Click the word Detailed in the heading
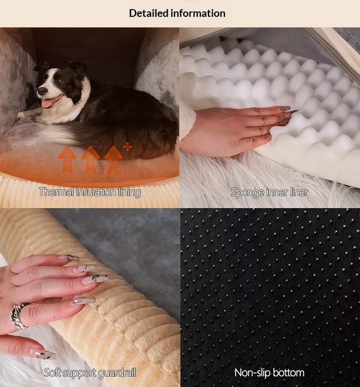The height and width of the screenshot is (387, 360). [149, 13]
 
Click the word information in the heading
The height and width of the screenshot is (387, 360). [198, 13]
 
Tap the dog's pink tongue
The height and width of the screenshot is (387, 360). [49, 102]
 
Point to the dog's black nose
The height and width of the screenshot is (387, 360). [42, 91]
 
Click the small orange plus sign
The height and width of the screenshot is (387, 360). [128, 147]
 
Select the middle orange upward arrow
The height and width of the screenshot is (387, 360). [90, 160]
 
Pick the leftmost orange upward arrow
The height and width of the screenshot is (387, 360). [67, 160]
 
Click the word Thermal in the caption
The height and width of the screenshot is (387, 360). [57, 192]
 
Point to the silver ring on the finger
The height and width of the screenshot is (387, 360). [19, 316]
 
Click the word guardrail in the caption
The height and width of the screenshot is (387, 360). [117, 373]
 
